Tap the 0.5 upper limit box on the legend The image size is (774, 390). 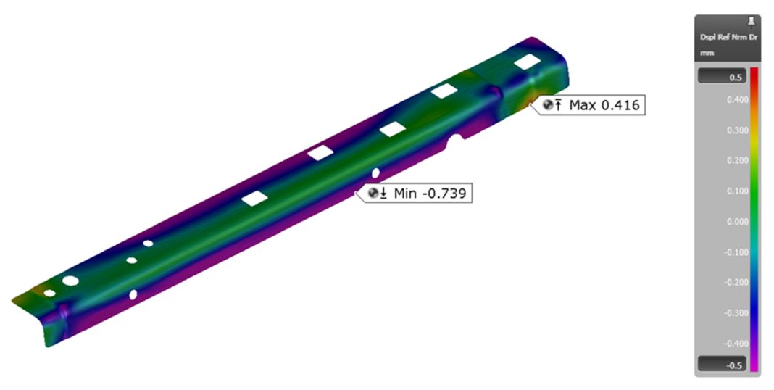coord(721,77)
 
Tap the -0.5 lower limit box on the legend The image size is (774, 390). coord(721,365)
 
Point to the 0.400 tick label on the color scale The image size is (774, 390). coord(737,100)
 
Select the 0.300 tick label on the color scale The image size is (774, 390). coord(737,130)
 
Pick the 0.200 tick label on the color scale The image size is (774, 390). coord(737,161)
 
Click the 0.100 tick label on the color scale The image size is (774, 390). coord(737,191)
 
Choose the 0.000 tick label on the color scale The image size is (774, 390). coord(737,222)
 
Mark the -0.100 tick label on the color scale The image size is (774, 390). coord(736,252)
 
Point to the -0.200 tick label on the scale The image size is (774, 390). coord(736,283)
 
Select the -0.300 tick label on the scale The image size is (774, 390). coord(736,313)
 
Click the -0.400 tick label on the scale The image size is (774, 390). coord(736,344)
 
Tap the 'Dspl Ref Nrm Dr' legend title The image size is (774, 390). coord(728,36)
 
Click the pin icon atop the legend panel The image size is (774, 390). coord(749,22)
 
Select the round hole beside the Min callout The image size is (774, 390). coord(375,173)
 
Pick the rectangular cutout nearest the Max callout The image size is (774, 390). coord(525,64)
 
